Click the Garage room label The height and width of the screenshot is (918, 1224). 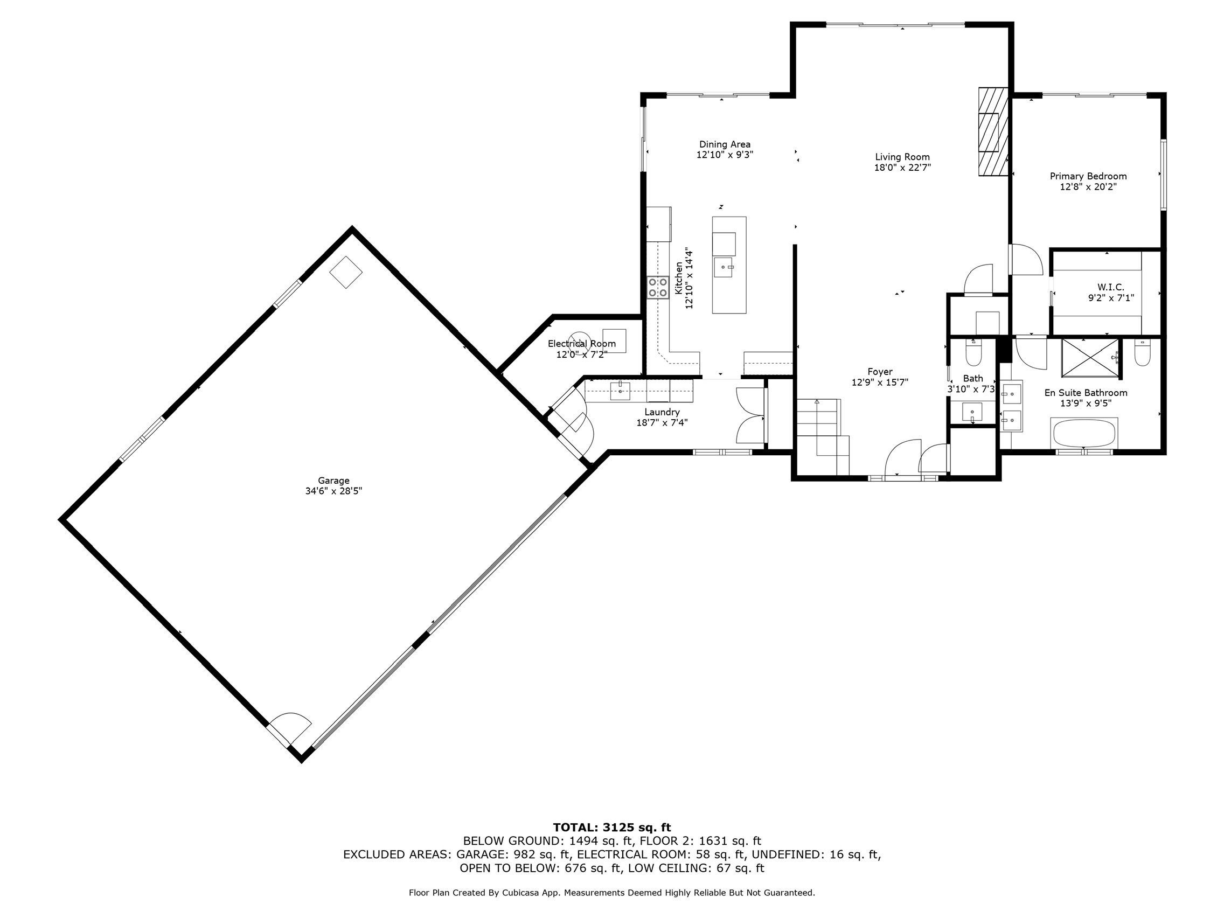click(x=333, y=481)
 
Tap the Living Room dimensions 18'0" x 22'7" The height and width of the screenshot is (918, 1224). click(x=902, y=168)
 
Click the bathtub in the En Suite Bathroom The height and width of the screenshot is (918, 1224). click(x=1083, y=433)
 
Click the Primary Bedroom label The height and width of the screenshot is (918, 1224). click(x=1088, y=177)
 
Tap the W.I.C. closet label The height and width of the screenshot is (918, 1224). click(x=1111, y=287)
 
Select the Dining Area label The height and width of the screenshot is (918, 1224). click(x=725, y=144)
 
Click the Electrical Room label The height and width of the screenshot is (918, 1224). click(x=582, y=344)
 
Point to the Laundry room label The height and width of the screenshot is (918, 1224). click(x=662, y=412)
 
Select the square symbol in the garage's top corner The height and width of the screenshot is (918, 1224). click(x=346, y=272)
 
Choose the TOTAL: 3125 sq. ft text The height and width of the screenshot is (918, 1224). click(x=611, y=827)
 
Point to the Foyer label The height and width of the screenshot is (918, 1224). click(x=880, y=372)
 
